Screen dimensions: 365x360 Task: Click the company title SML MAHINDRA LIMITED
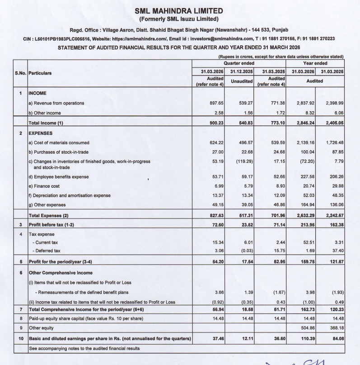pos(180,11)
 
